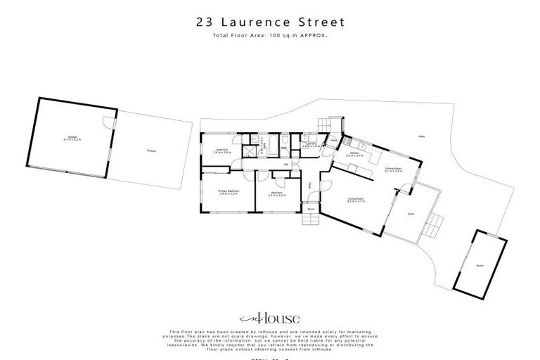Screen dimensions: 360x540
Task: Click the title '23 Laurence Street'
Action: pos(270,22)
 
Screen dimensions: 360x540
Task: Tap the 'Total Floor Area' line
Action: pos(270,34)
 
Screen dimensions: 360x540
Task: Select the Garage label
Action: pos(72,139)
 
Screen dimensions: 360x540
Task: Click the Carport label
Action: pos(151,150)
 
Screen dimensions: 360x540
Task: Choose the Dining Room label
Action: pos(392,170)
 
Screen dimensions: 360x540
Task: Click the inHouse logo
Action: pos(269,317)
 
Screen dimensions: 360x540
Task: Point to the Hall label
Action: pos(286,165)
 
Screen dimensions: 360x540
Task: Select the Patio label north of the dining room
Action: pos(421,136)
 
